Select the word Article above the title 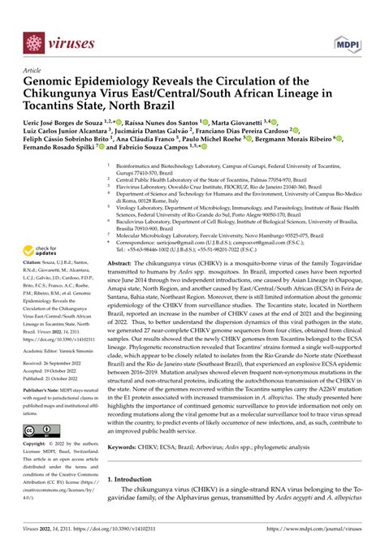tap(34, 71)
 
